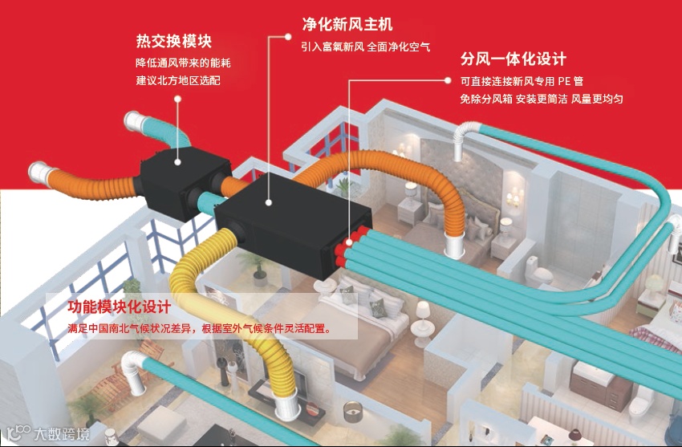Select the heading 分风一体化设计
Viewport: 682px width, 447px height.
point(514,59)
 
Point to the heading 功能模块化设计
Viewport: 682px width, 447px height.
point(120,308)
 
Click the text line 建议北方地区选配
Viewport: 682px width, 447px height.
point(177,82)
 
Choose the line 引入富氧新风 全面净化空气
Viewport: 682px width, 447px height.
point(366,47)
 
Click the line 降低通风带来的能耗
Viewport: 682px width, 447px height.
point(177,63)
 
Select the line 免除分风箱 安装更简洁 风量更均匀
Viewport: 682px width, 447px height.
point(542,99)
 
